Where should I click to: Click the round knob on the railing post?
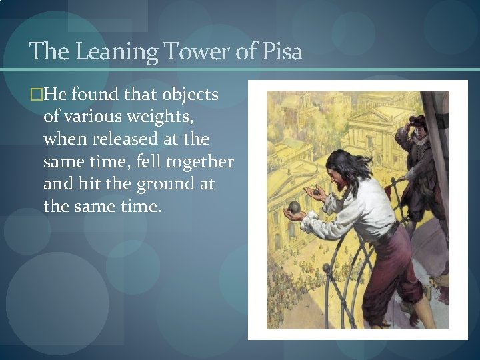pos(326,267)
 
